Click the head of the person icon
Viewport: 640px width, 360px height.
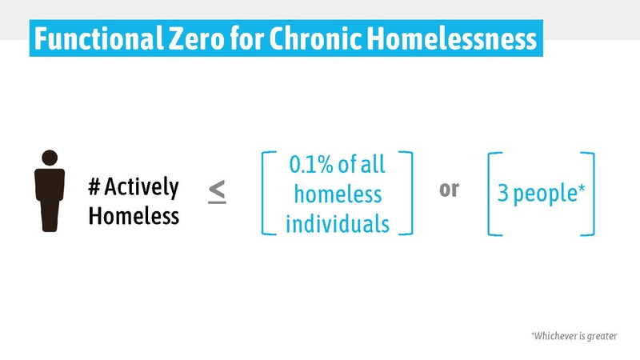[49, 158]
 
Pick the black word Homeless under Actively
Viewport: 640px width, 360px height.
[134, 216]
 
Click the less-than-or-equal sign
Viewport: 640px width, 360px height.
[217, 191]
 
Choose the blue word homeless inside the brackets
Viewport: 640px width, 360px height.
[337, 194]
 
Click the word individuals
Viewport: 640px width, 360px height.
[337, 222]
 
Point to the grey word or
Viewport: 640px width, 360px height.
[449, 191]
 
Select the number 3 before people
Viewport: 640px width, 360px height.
[502, 194]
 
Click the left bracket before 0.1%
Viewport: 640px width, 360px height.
[266, 192]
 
